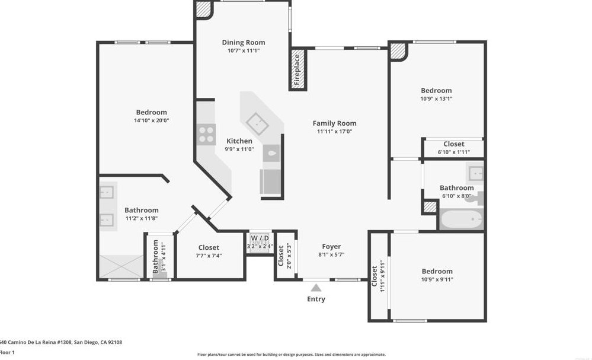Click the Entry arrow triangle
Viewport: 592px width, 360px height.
pyautogui.click(x=316, y=287)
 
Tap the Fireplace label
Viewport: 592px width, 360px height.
pyautogui.click(x=297, y=69)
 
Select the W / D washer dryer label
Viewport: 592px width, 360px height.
pyautogui.click(x=260, y=238)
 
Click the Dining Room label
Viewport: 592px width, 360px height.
pyautogui.click(x=243, y=43)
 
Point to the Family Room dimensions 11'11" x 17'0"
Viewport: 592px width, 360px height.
pyautogui.click(x=335, y=132)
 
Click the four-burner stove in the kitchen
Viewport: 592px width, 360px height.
pyautogui.click(x=206, y=135)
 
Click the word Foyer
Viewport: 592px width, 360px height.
pyautogui.click(x=331, y=247)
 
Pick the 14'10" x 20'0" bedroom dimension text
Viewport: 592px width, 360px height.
pyautogui.click(x=152, y=120)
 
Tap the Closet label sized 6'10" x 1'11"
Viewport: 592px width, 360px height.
pyautogui.click(x=454, y=144)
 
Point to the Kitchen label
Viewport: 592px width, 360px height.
pyautogui.click(x=239, y=141)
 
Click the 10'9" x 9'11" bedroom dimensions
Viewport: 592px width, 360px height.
pyautogui.click(x=437, y=279)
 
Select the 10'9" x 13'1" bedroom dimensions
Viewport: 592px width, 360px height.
pyautogui.click(x=436, y=99)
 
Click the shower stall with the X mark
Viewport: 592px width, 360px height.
pyautogui.click(x=121, y=266)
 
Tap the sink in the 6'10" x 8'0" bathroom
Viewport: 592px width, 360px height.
pyautogui.click(x=475, y=173)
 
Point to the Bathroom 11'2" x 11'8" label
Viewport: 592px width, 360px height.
pyautogui.click(x=142, y=210)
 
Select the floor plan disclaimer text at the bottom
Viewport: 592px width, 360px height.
pyautogui.click(x=291, y=355)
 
